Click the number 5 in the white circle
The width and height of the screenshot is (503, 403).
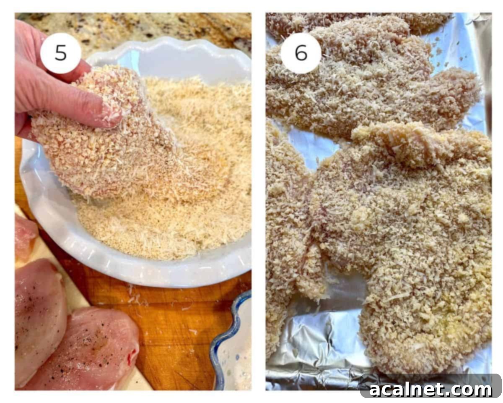[60, 53]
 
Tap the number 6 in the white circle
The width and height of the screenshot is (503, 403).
[301, 53]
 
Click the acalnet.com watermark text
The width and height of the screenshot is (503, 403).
[430, 390]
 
